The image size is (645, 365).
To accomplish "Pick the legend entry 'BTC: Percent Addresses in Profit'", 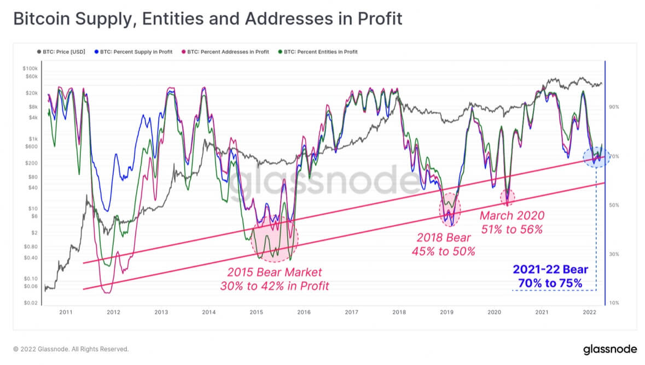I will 225,52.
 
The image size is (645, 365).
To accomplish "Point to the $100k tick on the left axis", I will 30,69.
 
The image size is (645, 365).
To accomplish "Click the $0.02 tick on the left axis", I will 31,303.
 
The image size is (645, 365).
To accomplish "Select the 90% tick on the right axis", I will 613,107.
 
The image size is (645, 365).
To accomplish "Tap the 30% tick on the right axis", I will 613,254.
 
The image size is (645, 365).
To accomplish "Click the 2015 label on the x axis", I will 256,313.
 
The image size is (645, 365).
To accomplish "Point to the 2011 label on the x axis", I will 66,313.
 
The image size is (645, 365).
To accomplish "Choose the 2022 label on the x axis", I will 589,313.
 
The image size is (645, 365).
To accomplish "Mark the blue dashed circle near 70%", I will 597,157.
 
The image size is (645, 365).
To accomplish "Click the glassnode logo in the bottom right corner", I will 608,349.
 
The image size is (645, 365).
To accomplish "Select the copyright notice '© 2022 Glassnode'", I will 71,349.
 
